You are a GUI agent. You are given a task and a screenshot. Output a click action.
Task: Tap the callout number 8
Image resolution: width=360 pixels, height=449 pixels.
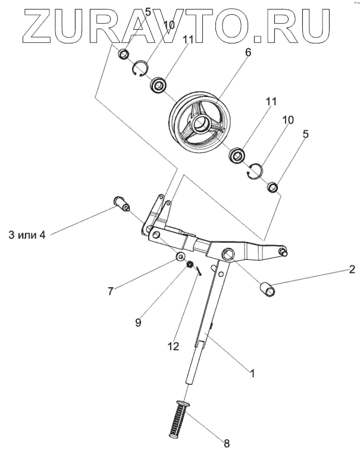point(226,442)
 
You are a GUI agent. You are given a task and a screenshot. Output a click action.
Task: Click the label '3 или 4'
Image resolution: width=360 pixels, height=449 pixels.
point(25,234)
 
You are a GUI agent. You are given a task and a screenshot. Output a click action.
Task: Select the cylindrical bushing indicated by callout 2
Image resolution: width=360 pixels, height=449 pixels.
point(268,289)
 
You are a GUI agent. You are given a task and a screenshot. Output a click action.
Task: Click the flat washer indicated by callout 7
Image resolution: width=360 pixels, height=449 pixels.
point(178,257)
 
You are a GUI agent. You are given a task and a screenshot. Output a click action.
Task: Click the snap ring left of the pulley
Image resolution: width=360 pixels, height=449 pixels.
point(140,70)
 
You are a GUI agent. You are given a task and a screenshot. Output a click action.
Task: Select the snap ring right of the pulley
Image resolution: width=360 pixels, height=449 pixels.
point(255,170)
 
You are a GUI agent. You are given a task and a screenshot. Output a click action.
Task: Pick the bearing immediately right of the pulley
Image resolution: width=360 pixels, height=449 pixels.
point(237,155)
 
